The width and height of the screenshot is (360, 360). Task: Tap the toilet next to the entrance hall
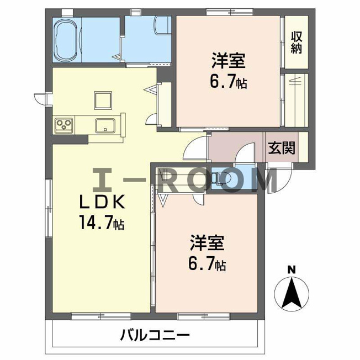[x=221, y=178]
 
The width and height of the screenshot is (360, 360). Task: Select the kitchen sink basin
[x=105, y=125]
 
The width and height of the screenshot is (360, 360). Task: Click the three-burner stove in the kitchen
[x=64, y=125]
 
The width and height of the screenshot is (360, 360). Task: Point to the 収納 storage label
[x=296, y=43]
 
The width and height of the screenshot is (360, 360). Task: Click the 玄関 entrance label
[x=282, y=148]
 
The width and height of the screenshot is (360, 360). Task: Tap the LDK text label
[x=102, y=202]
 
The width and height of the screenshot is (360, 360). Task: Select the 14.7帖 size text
[x=102, y=223]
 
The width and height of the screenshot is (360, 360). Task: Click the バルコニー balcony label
[x=155, y=335]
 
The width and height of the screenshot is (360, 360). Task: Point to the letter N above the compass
[x=292, y=269]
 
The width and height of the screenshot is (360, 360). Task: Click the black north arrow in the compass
[x=292, y=293]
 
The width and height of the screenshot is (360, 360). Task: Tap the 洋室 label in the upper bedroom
[x=228, y=61]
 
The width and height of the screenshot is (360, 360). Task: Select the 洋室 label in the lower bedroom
[x=207, y=243]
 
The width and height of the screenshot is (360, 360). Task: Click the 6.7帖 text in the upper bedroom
[x=229, y=82]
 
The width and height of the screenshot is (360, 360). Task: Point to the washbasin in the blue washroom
[x=163, y=25]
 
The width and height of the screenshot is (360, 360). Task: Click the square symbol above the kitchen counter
[x=103, y=100]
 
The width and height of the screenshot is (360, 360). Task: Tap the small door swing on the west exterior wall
[x=40, y=99]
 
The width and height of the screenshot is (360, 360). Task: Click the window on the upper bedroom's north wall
[x=230, y=12]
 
